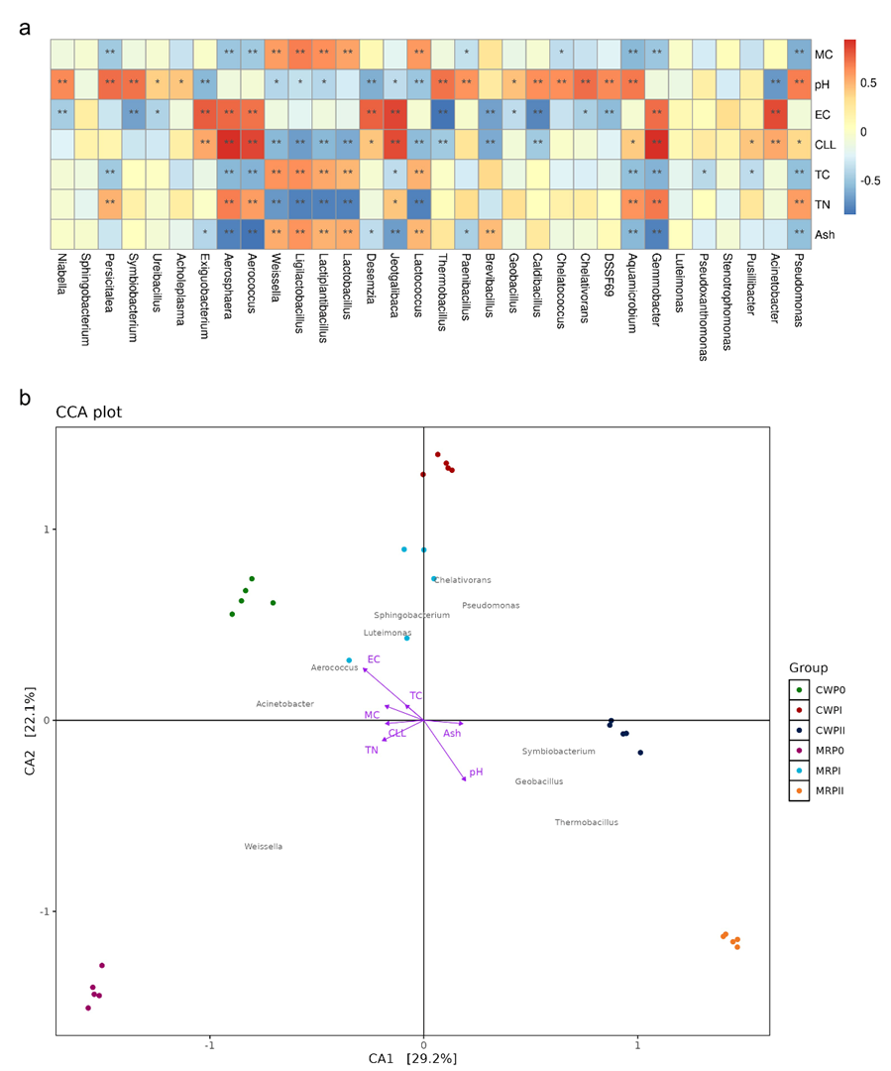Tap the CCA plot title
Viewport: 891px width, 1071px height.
(89, 413)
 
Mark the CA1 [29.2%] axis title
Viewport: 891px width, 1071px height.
(412, 1058)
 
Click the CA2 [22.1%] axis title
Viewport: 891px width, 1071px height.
(30, 719)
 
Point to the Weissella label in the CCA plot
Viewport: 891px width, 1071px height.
(264, 847)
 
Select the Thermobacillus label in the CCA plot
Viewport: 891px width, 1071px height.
(586, 822)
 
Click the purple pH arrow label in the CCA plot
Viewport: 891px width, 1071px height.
(476, 772)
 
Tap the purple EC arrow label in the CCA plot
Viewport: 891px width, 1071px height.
(374, 659)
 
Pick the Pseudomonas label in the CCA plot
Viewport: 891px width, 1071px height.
(491, 605)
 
